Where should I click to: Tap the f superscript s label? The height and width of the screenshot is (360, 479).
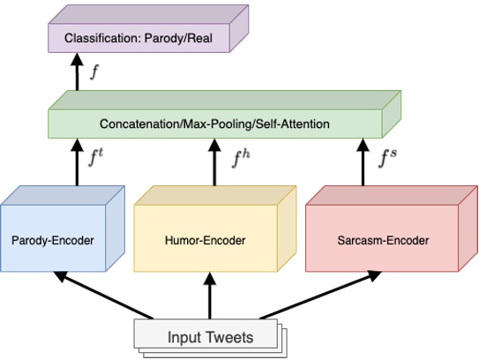388,159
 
